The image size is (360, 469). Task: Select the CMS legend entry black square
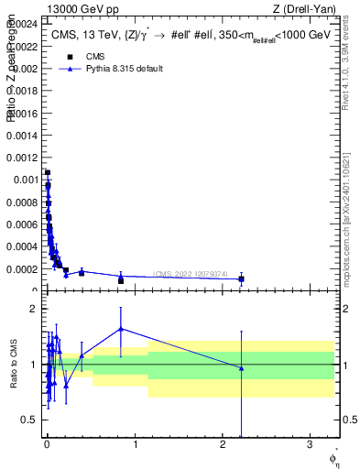click(x=70, y=57)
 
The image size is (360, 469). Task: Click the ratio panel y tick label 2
click(x=32, y=309)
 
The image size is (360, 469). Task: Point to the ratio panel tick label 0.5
click(x=28, y=420)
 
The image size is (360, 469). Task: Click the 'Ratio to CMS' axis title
click(x=14, y=365)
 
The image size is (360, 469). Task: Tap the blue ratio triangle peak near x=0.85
click(x=121, y=329)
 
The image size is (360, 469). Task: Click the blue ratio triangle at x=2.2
click(x=241, y=368)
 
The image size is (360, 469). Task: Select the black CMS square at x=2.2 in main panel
click(x=241, y=278)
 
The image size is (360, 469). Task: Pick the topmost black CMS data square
click(x=48, y=172)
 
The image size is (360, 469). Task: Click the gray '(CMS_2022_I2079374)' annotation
click(x=202, y=274)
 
